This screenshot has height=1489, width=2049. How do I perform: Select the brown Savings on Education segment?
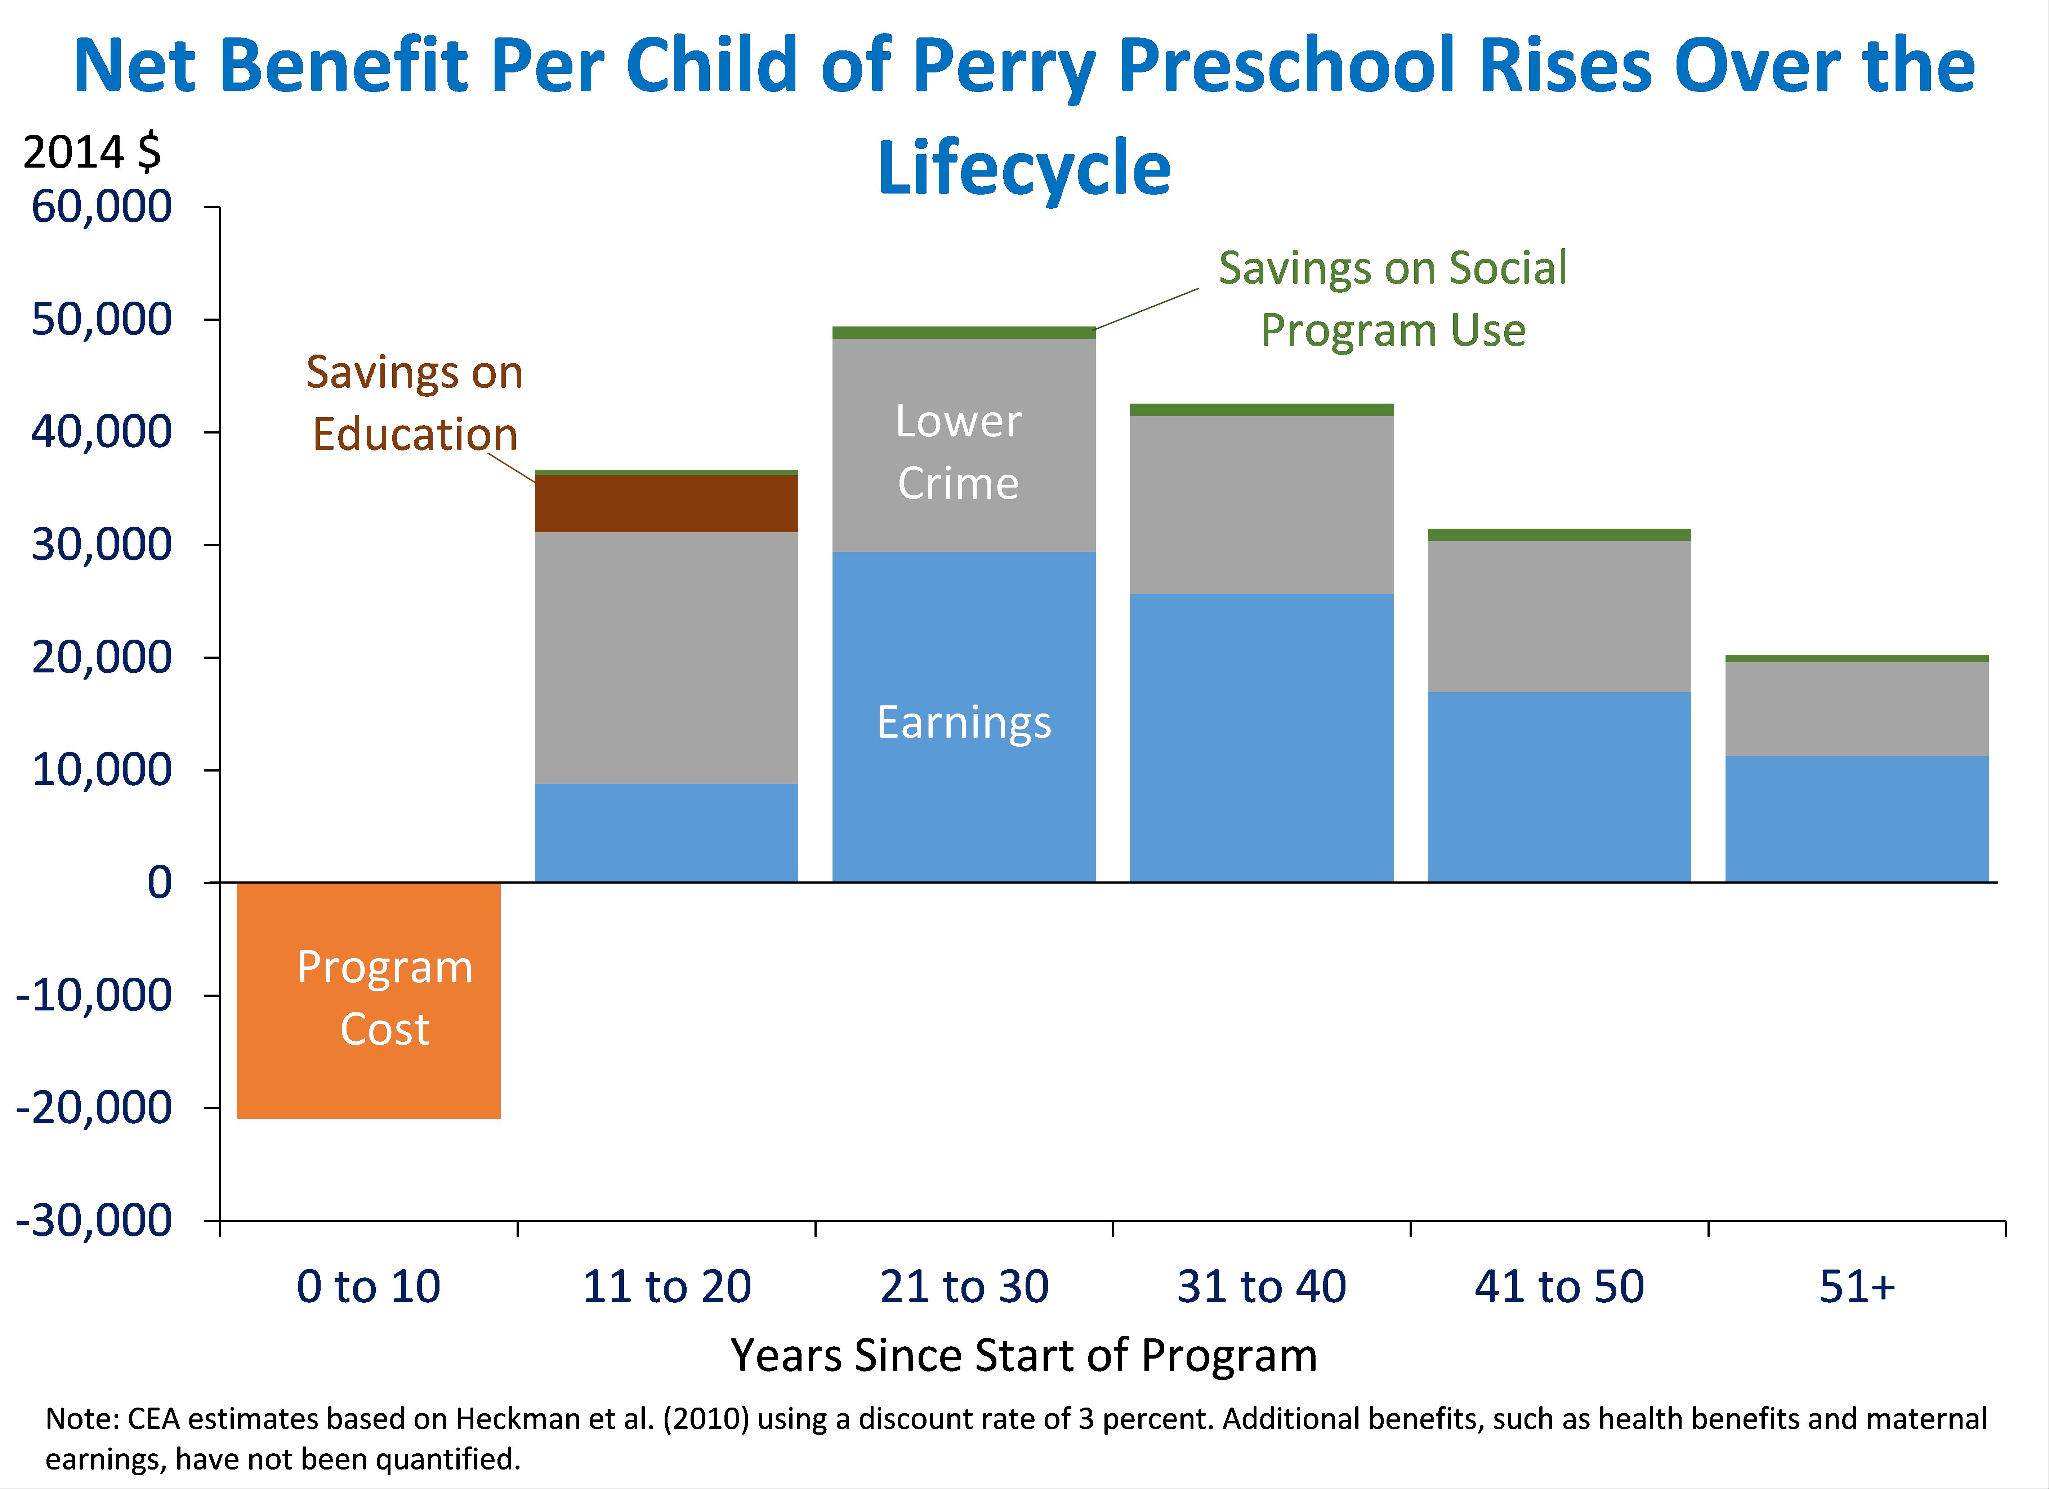[x=667, y=503]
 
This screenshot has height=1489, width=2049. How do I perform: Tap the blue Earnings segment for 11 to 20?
[x=667, y=832]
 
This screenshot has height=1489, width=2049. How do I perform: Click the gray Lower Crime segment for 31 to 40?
[x=1261, y=504]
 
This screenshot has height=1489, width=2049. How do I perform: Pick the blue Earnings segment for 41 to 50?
[x=1558, y=786]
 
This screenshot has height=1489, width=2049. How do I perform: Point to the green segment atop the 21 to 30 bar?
[x=964, y=333]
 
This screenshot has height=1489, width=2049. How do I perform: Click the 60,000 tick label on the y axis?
[x=101, y=207]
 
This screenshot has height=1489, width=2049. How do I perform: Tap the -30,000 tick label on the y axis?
[x=94, y=1221]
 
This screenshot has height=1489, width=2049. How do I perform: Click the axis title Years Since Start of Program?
[x=1023, y=1355]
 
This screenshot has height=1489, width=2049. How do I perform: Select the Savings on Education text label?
[x=415, y=403]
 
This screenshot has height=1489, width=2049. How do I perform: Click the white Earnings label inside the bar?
[x=964, y=722]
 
